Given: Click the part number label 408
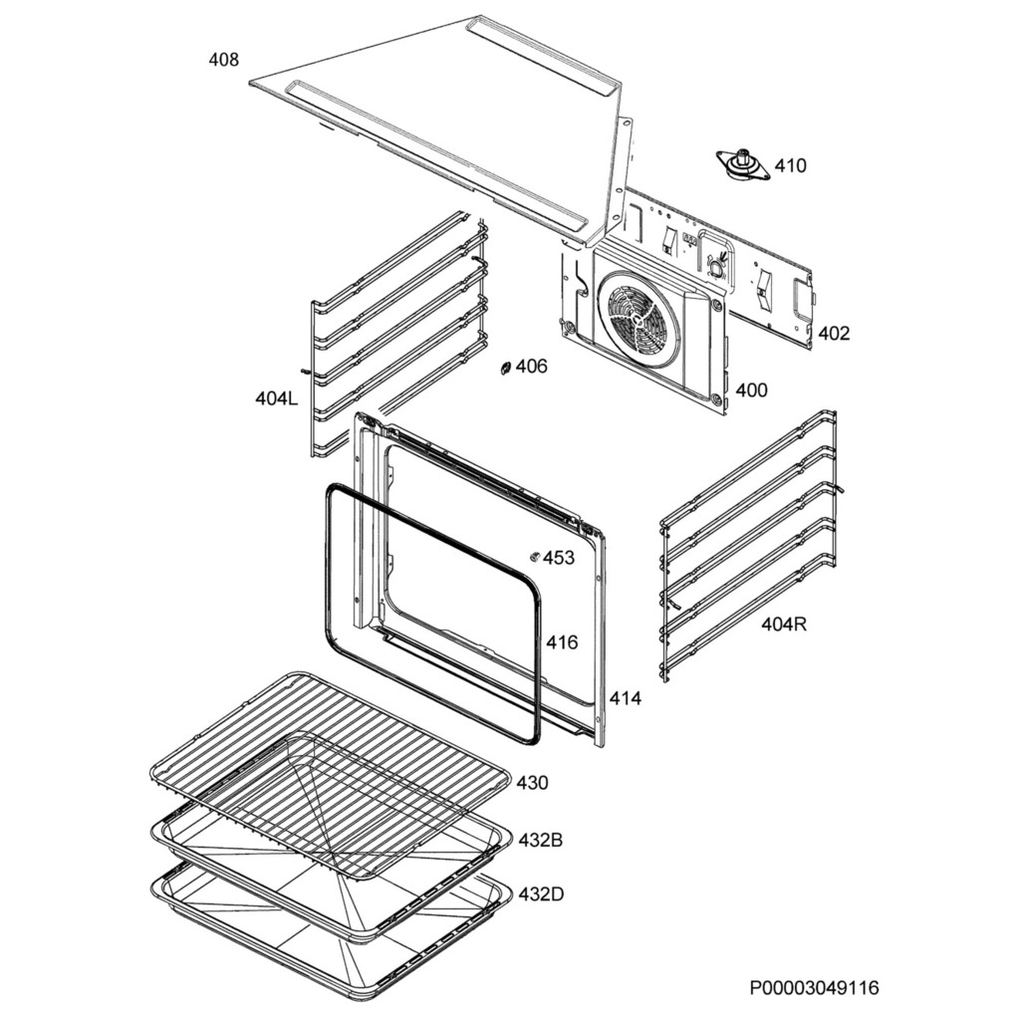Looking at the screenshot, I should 223,60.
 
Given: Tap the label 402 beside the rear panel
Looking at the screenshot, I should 834,334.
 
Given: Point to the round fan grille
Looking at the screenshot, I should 639,319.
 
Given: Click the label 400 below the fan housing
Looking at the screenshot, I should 751,390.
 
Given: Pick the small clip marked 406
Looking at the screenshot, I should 506,369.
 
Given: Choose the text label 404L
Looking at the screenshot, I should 276,399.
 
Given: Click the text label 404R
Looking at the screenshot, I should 783,625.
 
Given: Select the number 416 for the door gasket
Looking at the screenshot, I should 562,642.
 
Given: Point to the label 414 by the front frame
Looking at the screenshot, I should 626,699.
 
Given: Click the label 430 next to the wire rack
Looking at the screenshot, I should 532,783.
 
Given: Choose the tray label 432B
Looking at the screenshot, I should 540,841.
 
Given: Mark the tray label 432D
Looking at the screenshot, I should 540,893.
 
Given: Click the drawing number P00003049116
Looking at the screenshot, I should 815,988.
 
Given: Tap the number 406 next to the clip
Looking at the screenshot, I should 532,367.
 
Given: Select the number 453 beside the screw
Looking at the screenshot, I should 559,558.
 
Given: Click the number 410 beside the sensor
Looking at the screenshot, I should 791,165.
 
